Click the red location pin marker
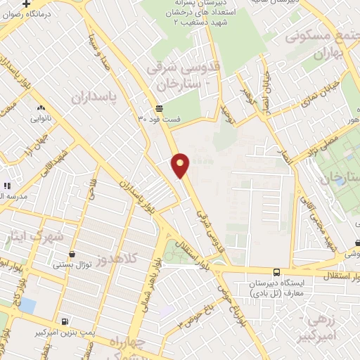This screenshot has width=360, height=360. pos(181,165)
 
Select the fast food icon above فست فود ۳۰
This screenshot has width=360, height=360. pos(160,109)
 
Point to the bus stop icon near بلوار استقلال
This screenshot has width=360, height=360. pos(276,271)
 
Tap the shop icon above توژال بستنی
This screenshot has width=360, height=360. pos(71,255)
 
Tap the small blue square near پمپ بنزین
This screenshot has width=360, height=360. pos(27,305)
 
